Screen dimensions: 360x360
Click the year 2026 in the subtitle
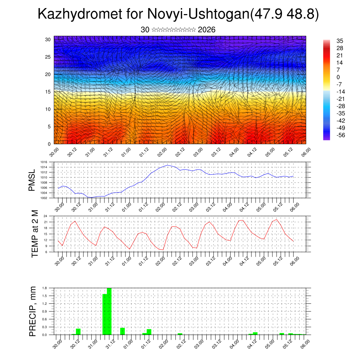pyautogui.click(x=207, y=30)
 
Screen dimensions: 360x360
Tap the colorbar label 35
pyautogui.click(x=340, y=41)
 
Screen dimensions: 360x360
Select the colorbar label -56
pyautogui.click(x=341, y=135)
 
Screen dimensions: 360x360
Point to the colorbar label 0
pyautogui.click(x=338, y=77)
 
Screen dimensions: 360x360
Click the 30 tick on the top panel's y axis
pyautogui.click(x=48, y=39)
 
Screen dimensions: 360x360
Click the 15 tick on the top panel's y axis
pyautogui.click(x=48, y=92)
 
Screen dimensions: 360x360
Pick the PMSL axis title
pyautogui.click(x=32, y=180)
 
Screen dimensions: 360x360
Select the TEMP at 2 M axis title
pyautogui.click(x=34, y=233)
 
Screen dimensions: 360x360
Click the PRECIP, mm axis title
pyautogui.click(x=33, y=311)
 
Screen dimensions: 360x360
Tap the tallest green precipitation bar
pyautogui.click(x=109, y=311)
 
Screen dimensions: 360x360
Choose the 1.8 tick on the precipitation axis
pyautogui.click(x=45, y=288)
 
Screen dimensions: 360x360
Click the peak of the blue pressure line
pyautogui.click(x=168, y=165)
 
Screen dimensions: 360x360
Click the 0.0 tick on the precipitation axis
pyautogui.click(x=45, y=335)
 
